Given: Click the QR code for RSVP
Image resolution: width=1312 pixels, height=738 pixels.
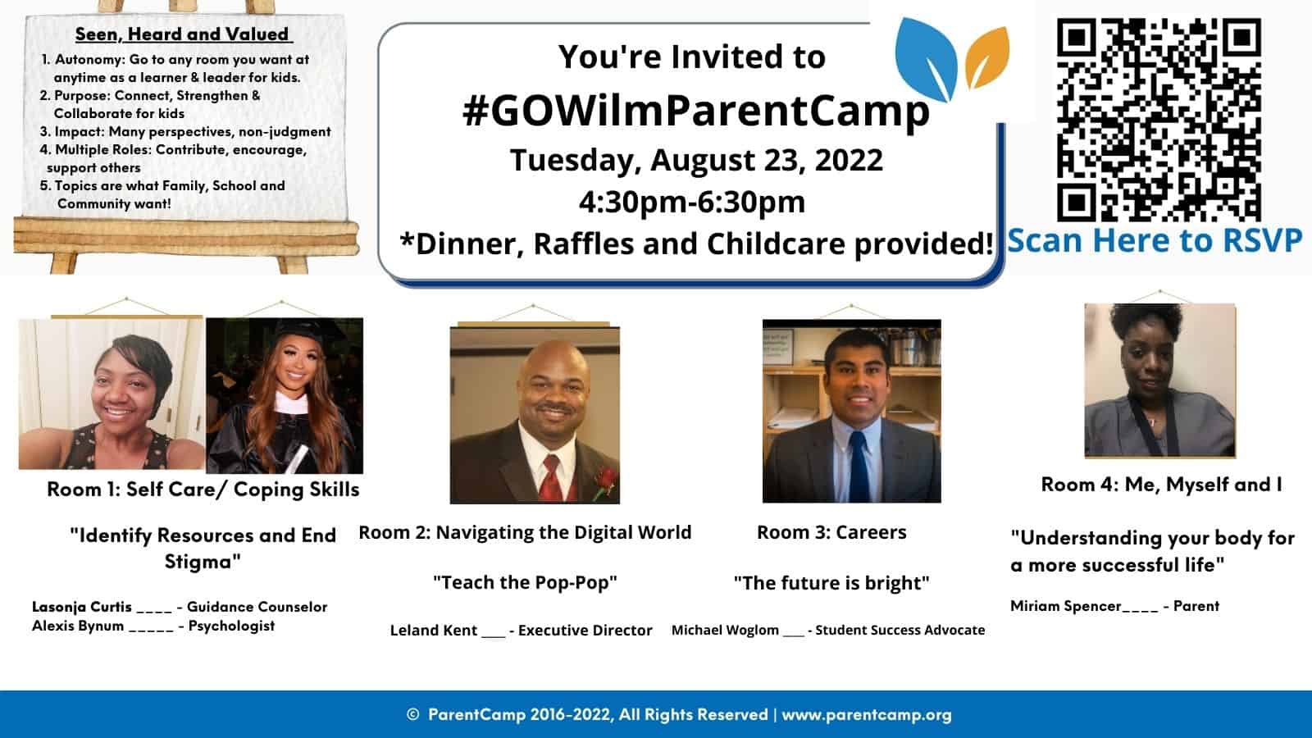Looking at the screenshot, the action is [1159, 120].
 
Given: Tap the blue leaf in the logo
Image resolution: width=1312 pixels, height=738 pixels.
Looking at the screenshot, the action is [926, 58].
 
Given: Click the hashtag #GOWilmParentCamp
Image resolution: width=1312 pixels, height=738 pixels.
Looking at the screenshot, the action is [696, 111].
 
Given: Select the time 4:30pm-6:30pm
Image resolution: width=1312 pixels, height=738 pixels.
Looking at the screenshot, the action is [692, 202].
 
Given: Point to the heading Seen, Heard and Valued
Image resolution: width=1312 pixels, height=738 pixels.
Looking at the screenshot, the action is [182, 34].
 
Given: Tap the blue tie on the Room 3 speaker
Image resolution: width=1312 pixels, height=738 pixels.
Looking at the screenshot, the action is [859, 467].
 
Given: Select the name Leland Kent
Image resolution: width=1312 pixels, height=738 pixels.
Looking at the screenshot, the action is [434, 631].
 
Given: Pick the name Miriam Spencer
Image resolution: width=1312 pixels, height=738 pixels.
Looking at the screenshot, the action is [1065, 606].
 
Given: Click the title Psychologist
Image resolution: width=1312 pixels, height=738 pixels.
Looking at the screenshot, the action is [231, 626].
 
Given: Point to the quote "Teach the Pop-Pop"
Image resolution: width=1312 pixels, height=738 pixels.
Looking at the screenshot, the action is [525, 583].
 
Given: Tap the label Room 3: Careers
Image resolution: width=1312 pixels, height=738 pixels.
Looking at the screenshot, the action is [831, 532].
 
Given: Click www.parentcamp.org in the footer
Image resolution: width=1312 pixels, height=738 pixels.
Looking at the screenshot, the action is [867, 714].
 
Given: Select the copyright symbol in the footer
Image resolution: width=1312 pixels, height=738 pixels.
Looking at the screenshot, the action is [413, 714].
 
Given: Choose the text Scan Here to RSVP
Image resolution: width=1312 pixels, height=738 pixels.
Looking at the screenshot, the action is [1155, 241].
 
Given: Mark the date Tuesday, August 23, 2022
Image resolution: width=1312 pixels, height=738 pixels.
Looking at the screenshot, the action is [696, 160].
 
